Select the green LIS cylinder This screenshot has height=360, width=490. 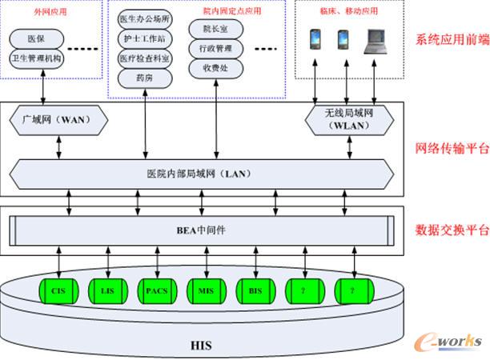(107, 291)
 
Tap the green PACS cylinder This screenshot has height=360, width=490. (156, 291)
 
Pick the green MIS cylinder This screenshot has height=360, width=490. (206, 291)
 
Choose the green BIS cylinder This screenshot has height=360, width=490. (255, 291)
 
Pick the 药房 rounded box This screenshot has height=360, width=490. (144, 78)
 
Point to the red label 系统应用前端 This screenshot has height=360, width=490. (450, 41)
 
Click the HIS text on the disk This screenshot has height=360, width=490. (201, 346)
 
